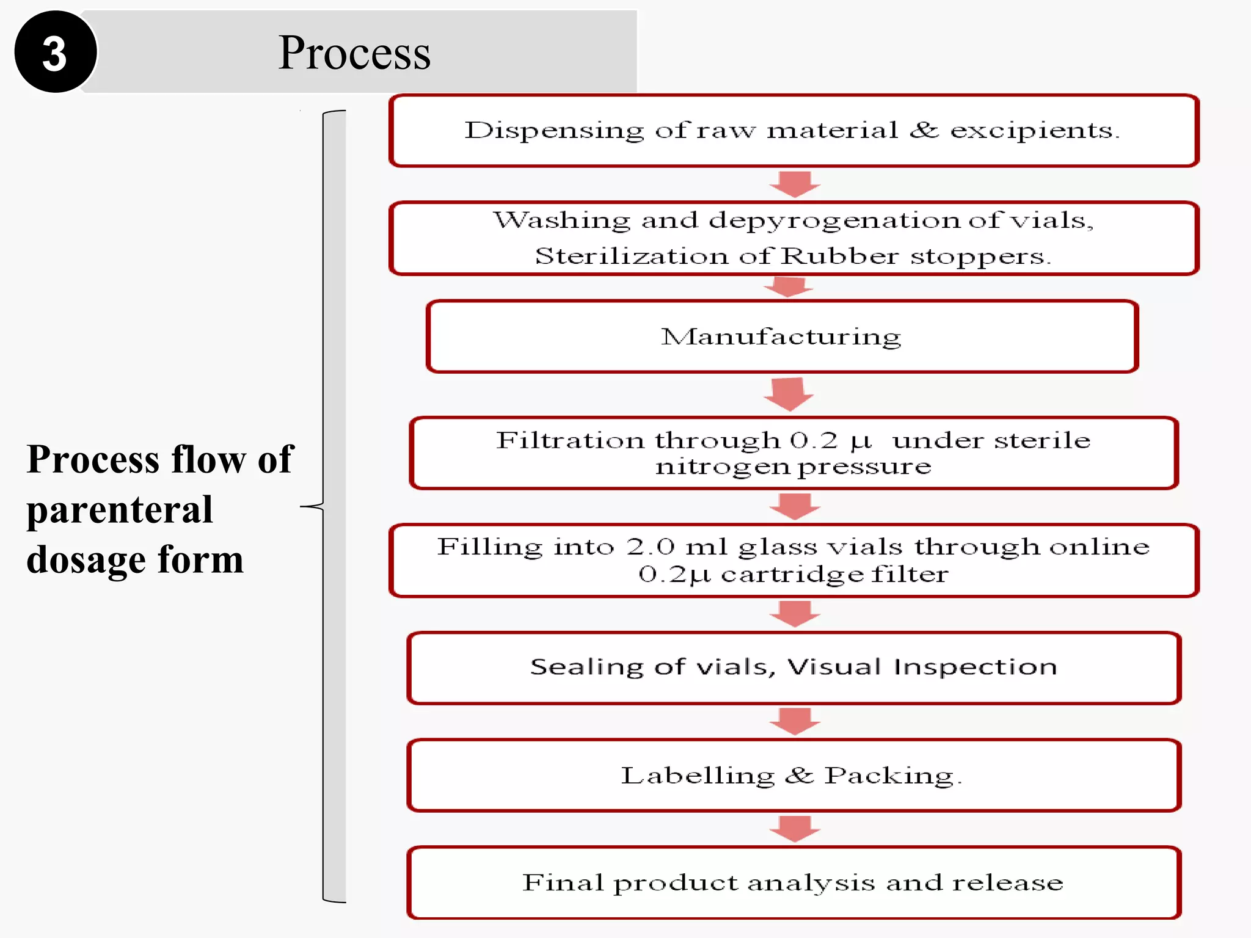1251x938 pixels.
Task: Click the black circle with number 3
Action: pos(55,52)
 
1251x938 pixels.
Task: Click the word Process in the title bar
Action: pos(354,53)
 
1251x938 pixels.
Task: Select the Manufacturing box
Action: pos(781,336)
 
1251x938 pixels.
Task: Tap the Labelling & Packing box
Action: pos(792,776)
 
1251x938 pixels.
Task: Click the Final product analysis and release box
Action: pos(792,882)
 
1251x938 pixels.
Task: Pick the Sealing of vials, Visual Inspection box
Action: pos(793,667)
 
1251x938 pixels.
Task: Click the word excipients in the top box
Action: pos(1034,131)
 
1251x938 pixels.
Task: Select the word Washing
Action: pos(561,220)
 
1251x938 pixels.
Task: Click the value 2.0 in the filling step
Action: pos(650,547)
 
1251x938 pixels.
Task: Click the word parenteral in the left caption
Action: pos(120,510)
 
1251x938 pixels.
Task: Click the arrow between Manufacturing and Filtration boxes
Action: pos(788,394)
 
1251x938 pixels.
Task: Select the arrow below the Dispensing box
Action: pos(794,183)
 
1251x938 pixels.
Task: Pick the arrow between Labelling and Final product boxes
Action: pos(794,828)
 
